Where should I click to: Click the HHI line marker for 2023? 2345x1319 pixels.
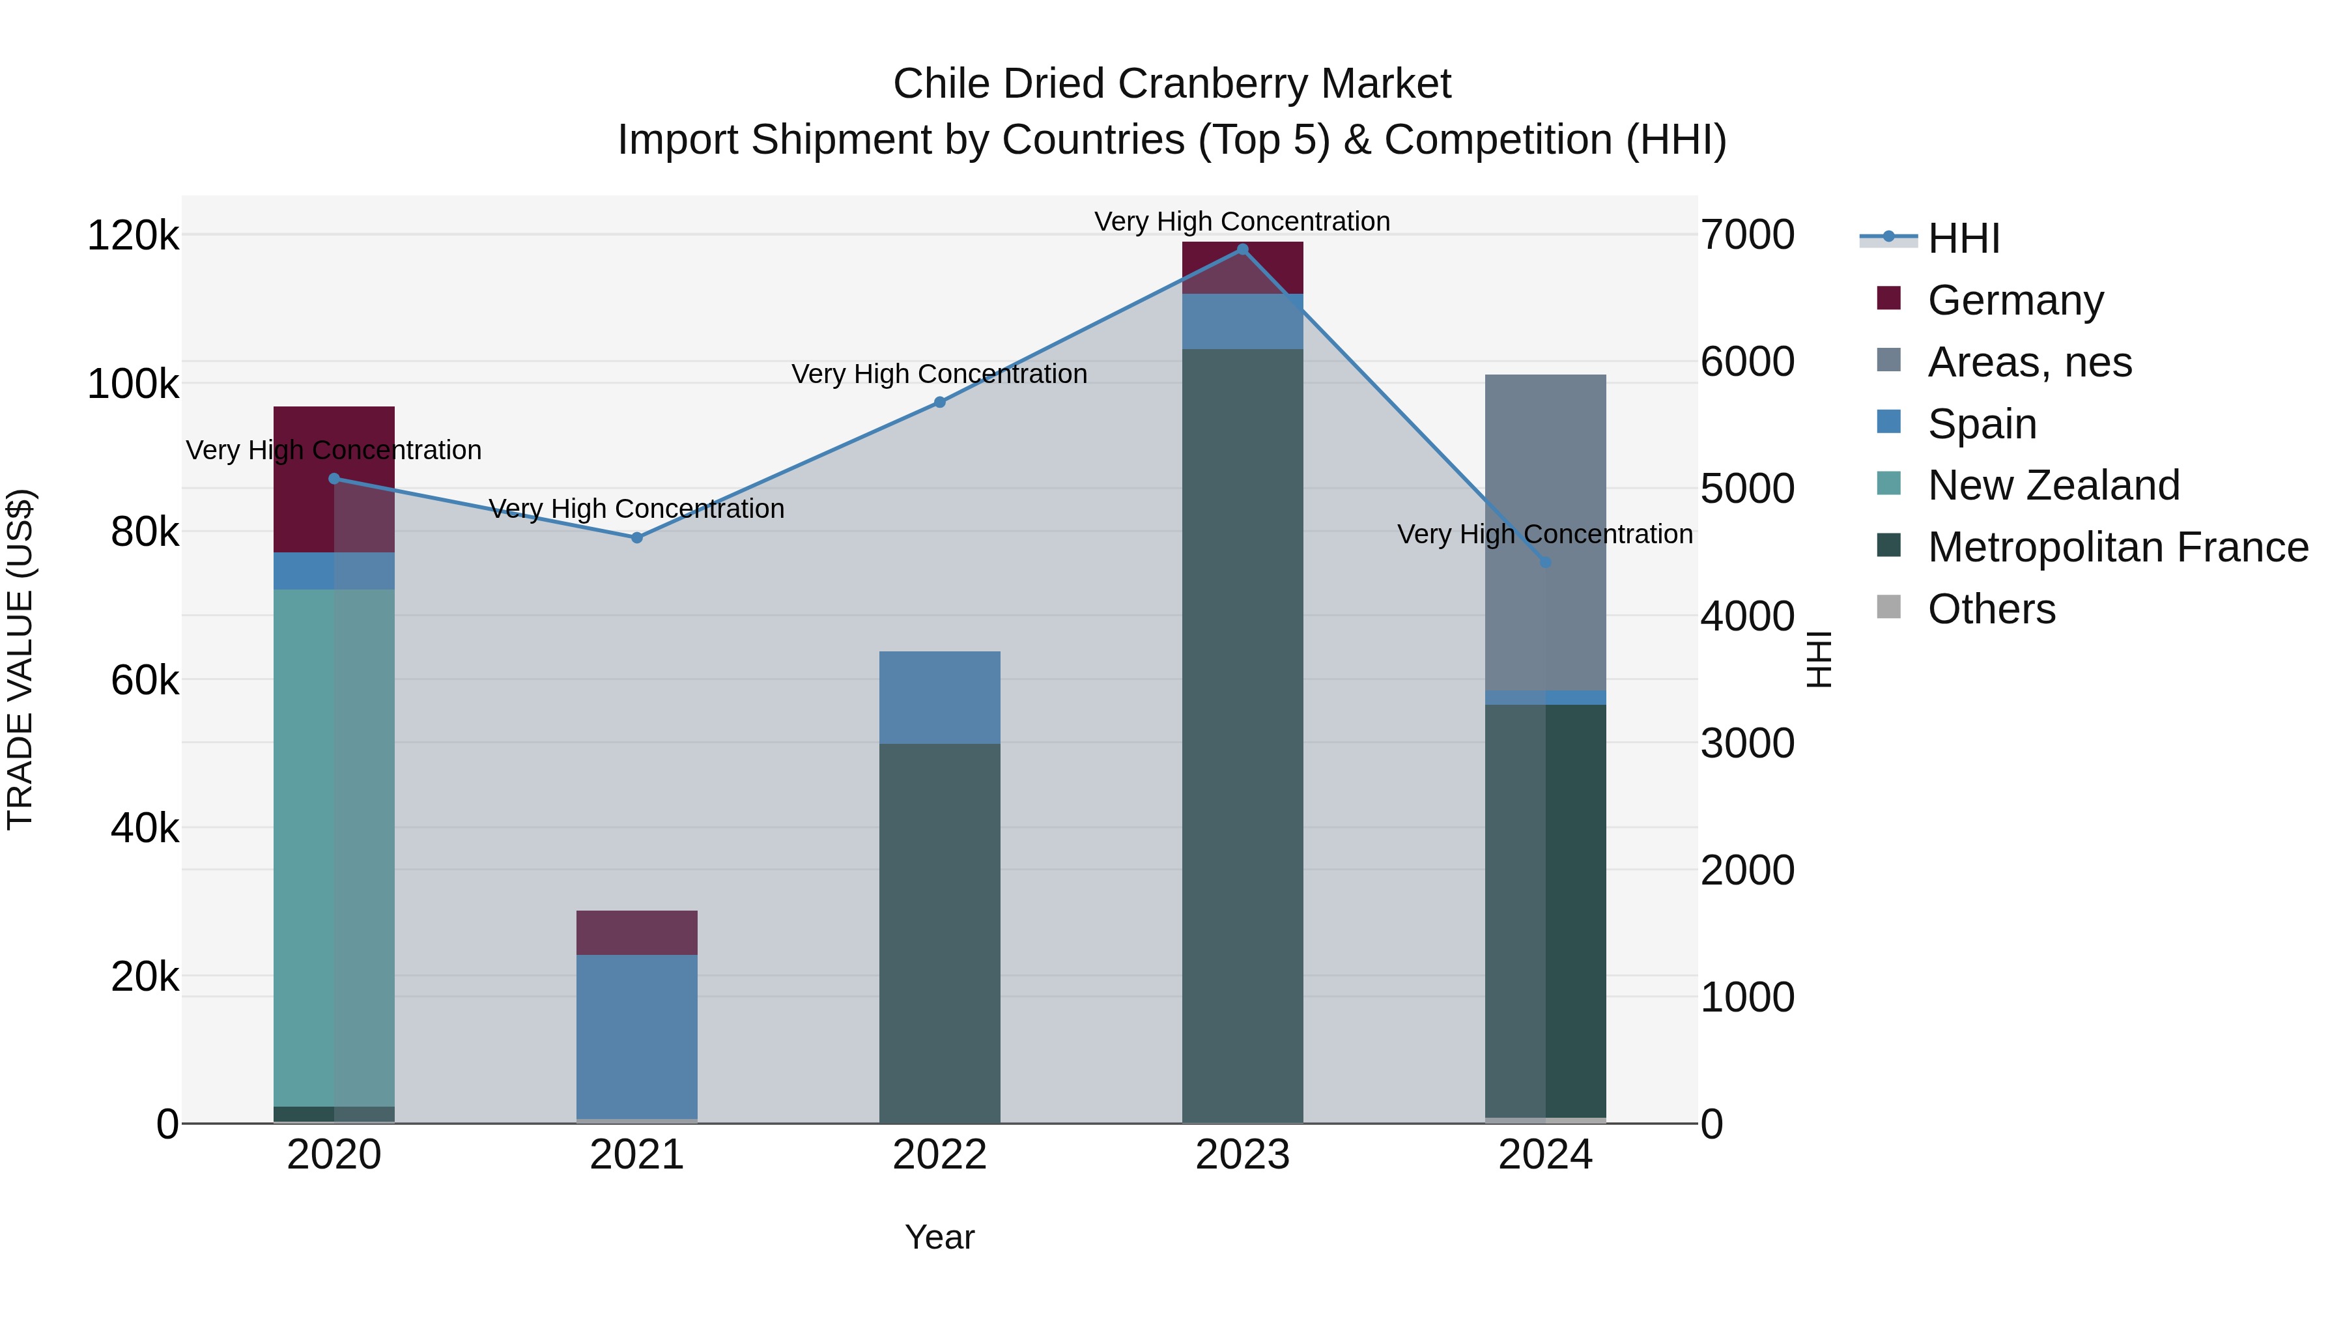tap(1243, 249)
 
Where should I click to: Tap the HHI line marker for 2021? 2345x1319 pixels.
tap(637, 538)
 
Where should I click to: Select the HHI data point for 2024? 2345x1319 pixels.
tap(1545, 563)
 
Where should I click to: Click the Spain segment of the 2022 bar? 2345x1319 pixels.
tap(939, 697)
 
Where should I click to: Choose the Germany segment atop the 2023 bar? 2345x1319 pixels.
tap(1243, 268)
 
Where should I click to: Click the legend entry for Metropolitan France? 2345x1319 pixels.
tap(2118, 547)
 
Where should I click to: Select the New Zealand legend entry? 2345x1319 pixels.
tap(2054, 485)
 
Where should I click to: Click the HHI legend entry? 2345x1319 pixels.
tap(1963, 238)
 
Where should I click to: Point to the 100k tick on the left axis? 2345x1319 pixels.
tap(133, 384)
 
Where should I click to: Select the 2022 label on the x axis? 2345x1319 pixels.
tap(939, 1155)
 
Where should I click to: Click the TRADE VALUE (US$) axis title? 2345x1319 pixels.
tap(20, 659)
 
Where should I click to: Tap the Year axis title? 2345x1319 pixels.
tap(939, 1237)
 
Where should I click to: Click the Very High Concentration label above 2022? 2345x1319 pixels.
tap(939, 374)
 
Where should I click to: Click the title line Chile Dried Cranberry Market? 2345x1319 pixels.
tap(1172, 84)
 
